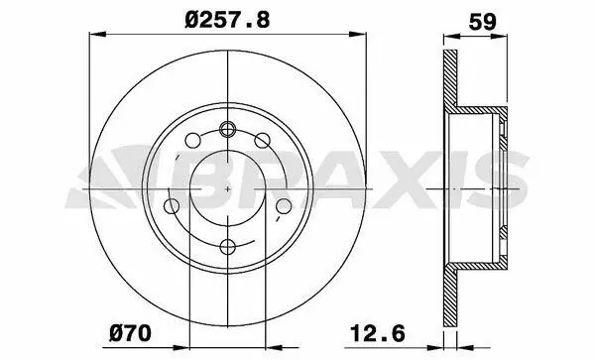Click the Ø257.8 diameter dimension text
(x=227, y=19)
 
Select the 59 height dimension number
(x=482, y=22)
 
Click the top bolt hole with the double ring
(x=228, y=129)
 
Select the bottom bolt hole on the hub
(x=228, y=247)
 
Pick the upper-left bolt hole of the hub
(x=192, y=141)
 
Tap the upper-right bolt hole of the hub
(x=262, y=141)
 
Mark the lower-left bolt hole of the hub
(x=172, y=206)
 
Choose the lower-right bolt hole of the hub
(x=284, y=206)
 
